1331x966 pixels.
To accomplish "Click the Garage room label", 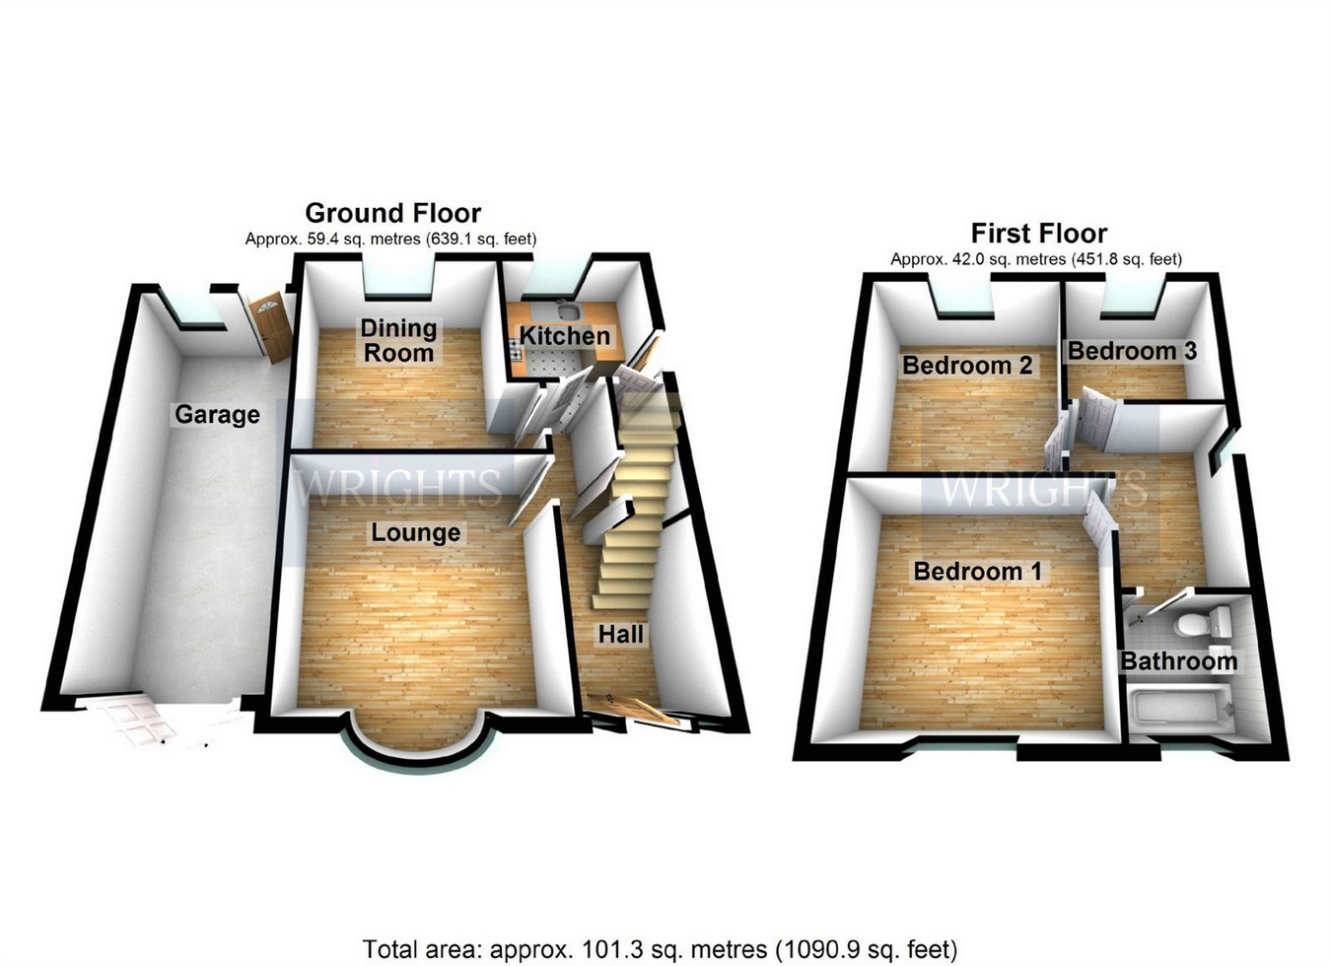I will (x=217, y=415).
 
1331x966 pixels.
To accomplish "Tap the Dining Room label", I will (x=397, y=341).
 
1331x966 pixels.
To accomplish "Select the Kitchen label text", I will (x=565, y=336).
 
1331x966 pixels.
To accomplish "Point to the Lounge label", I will (x=415, y=533).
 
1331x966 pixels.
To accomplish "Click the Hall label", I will (x=621, y=635).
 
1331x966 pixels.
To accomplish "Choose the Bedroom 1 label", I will (x=977, y=572).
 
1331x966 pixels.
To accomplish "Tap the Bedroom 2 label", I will (x=967, y=366).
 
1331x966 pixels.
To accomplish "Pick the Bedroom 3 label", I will (x=1132, y=351).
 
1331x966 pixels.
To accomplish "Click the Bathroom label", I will (x=1179, y=661).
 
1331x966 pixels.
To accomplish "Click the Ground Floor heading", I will (x=392, y=213).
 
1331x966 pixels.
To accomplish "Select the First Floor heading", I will (x=1038, y=234).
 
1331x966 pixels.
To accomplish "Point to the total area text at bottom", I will (x=660, y=949).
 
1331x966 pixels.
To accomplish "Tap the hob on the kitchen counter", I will (x=515, y=346).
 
